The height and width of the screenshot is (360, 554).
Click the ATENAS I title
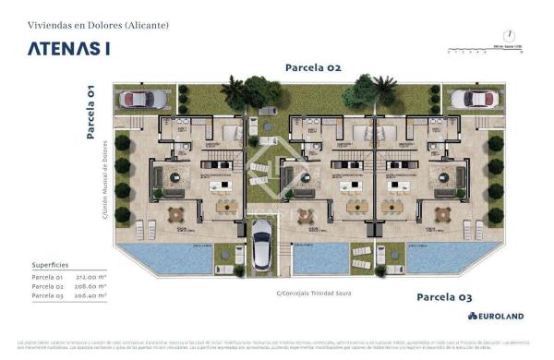69,49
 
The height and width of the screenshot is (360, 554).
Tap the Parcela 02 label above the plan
313,67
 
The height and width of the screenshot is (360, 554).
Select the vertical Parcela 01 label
90,111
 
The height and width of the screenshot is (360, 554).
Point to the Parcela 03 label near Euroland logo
444,297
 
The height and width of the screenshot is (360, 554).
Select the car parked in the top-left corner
142,99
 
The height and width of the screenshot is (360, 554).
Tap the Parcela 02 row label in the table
47,287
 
